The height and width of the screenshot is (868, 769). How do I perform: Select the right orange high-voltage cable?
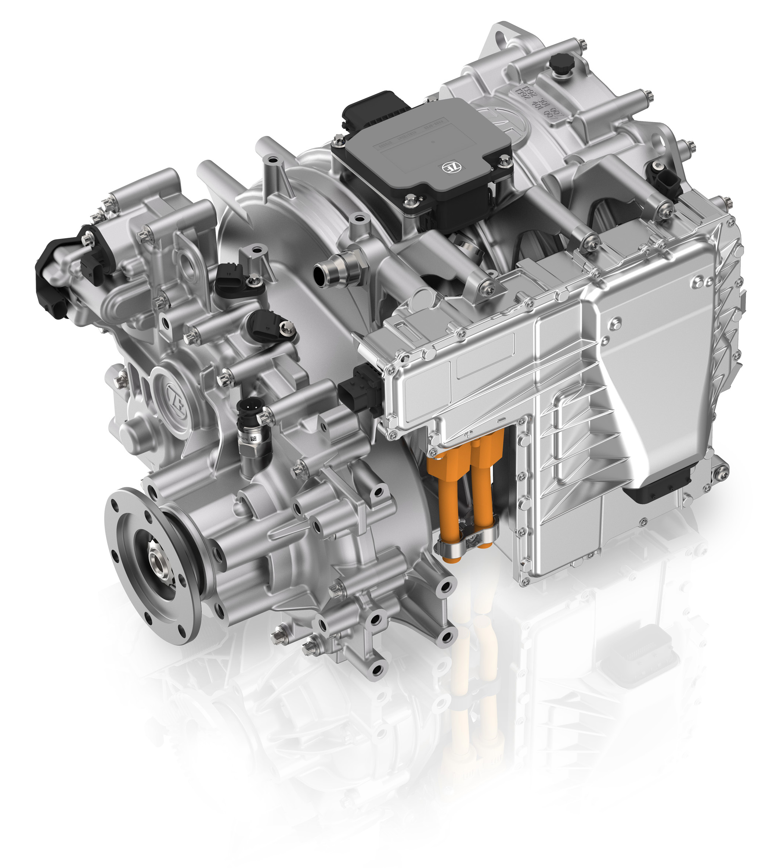(x=484, y=492)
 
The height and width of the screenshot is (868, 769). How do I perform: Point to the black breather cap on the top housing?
(x=562, y=64)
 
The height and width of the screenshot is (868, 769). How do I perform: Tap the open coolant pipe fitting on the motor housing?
(x=321, y=272)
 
